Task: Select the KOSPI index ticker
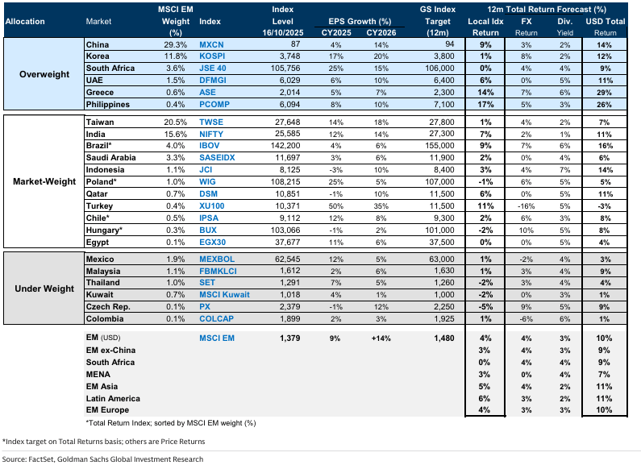click(x=214, y=56)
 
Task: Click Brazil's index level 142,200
click(x=289, y=144)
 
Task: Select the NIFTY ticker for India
click(x=212, y=132)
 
